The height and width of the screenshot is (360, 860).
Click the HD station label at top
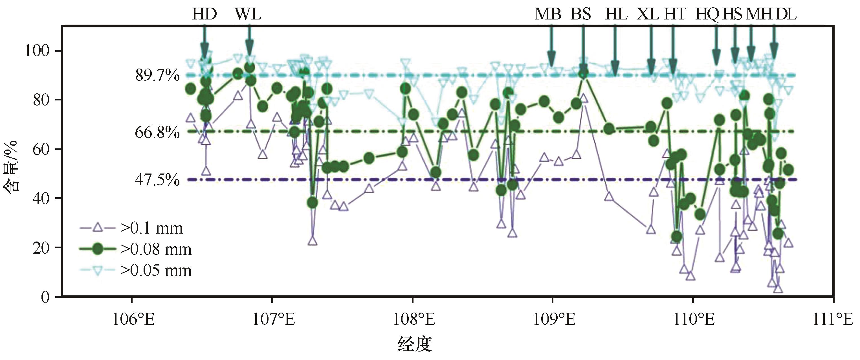coord(204,14)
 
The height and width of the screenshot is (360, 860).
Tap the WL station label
coord(248,14)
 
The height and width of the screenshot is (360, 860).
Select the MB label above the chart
coord(548,14)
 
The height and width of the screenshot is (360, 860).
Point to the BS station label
coord(581,14)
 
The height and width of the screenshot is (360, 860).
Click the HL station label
coord(616,14)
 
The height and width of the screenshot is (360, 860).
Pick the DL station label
coord(786,14)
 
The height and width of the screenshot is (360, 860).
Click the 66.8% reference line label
coord(157,133)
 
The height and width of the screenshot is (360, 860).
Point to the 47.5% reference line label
coord(157,180)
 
